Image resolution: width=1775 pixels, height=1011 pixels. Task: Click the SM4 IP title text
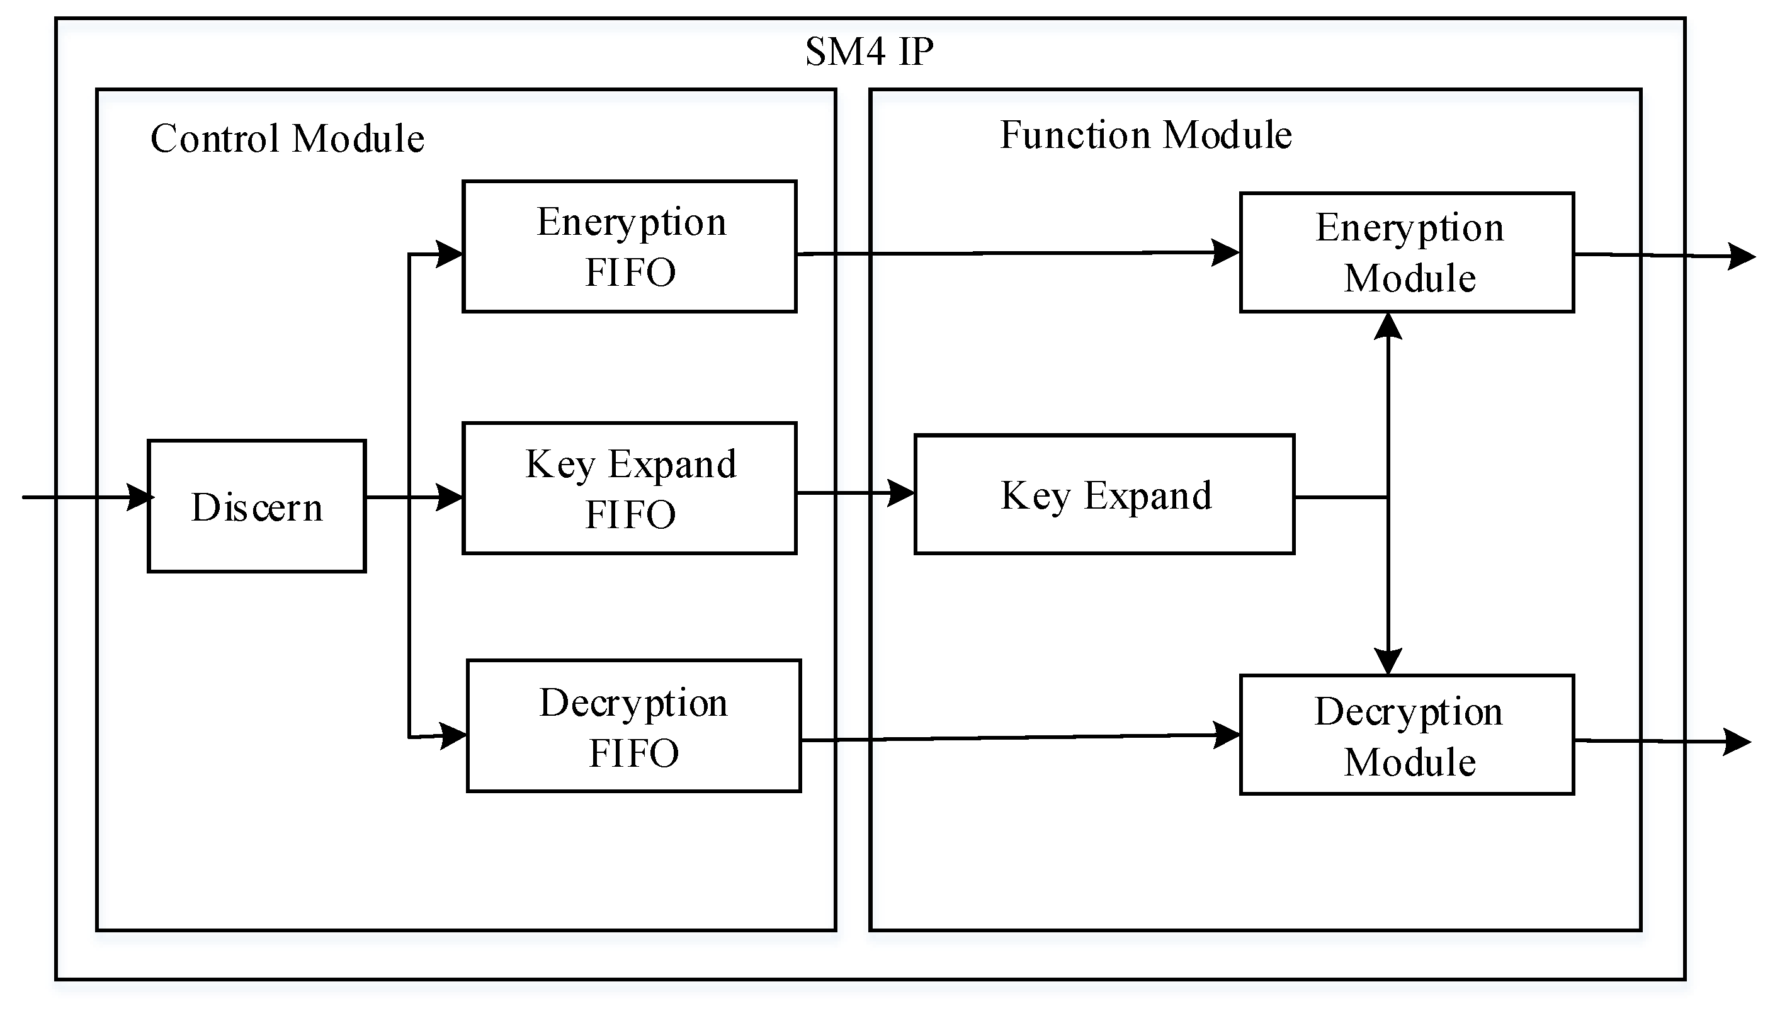coord(869,52)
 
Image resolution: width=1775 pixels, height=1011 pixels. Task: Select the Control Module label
coord(286,138)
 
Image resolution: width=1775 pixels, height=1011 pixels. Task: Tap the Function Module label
coord(1145,135)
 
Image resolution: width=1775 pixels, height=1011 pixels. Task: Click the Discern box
coord(256,506)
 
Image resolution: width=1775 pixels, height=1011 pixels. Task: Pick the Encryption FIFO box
coord(629,247)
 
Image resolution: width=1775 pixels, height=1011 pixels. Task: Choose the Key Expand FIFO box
coord(629,488)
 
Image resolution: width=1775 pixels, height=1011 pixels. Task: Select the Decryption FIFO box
coord(633,726)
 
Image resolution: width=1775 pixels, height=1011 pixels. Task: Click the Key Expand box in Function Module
coord(1104,495)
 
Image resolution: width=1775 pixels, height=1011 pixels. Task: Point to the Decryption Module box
coord(1406,735)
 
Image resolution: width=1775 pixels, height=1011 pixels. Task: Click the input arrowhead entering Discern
coord(141,497)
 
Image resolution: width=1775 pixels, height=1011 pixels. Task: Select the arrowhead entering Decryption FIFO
coord(453,735)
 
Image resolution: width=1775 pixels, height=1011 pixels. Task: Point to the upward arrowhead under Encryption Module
coord(1388,326)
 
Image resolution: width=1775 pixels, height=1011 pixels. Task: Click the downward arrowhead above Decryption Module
coord(1388,660)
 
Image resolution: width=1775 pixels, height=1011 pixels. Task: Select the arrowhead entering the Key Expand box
coord(902,494)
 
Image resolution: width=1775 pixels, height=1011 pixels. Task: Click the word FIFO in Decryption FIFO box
coord(633,754)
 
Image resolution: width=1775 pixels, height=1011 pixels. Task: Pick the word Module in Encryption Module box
coord(1409,279)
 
